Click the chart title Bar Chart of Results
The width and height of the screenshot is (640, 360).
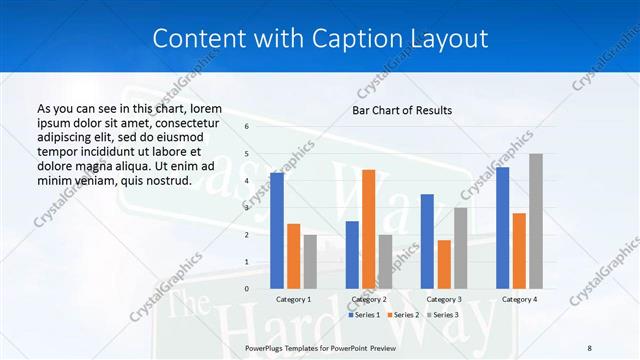coord(402,110)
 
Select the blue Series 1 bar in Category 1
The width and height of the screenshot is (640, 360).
coord(277,231)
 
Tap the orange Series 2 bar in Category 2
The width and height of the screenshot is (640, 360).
coord(368,229)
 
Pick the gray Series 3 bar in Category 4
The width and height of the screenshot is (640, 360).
coord(536,221)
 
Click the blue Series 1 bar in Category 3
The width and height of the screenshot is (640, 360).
coord(427,241)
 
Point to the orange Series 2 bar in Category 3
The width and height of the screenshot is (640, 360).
coord(444,264)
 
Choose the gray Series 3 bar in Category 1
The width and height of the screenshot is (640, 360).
coord(310,261)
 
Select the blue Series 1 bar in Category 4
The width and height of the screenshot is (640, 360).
coord(503,228)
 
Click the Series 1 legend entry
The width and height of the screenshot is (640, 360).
coord(364,315)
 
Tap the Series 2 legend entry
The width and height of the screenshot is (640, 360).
coord(402,315)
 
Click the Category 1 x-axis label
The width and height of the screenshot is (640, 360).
coord(293,299)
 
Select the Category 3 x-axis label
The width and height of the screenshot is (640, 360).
coord(444,299)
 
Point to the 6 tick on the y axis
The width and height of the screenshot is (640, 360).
coord(247,127)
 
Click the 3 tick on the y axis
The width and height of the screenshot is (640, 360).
coord(247,208)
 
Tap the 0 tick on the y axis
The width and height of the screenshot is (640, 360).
coord(247,289)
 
